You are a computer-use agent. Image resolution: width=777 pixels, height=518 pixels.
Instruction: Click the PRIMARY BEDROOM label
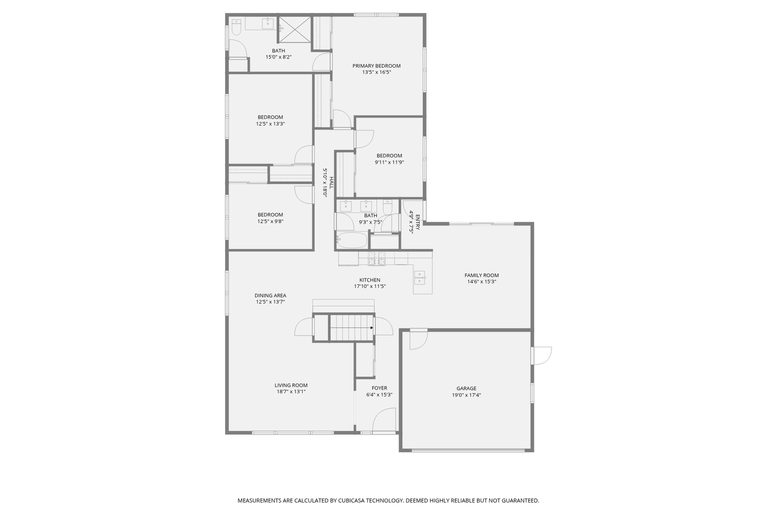click(x=376, y=66)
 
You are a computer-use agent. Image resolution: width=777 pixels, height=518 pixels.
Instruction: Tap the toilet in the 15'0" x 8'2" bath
click(x=236, y=28)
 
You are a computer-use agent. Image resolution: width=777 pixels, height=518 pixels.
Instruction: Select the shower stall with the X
click(x=294, y=30)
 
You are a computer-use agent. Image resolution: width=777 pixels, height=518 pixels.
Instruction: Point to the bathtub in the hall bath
click(x=352, y=241)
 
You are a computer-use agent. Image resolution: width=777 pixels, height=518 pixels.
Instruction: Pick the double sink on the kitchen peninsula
click(x=420, y=278)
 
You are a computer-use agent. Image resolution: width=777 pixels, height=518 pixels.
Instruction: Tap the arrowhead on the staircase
click(x=372, y=328)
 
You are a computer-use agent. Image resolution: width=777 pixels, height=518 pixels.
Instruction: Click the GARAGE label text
click(x=466, y=388)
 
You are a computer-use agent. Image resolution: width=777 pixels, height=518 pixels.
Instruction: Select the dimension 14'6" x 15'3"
click(x=482, y=282)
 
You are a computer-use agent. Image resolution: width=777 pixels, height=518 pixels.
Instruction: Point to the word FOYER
click(x=379, y=388)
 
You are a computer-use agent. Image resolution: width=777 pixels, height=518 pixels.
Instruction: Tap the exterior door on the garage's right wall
click(x=542, y=355)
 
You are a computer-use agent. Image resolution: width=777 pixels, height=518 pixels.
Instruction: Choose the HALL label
click(x=331, y=182)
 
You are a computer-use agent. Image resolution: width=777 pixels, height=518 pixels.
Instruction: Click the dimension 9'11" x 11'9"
click(x=389, y=162)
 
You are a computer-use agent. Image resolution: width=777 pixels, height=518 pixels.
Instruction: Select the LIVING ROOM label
click(x=291, y=385)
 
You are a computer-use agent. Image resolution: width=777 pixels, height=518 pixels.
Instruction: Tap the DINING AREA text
click(x=270, y=295)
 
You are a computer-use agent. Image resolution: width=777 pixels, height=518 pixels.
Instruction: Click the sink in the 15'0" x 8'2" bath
click(x=267, y=23)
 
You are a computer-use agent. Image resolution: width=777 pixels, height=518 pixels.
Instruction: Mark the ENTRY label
click(x=417, y=223)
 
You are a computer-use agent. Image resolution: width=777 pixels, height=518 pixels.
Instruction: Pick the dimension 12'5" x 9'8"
click(x=270, y=222)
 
